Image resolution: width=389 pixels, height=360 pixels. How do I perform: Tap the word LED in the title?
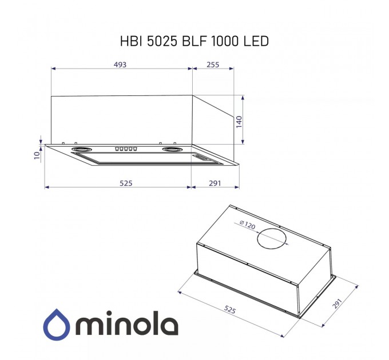[256, 42]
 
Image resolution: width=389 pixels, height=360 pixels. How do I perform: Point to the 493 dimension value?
[120, 65]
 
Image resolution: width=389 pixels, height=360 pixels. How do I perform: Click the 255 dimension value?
[213, 65]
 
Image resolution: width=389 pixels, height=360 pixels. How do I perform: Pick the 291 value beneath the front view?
[215, 183]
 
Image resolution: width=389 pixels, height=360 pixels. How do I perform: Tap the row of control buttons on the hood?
[126, 149]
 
